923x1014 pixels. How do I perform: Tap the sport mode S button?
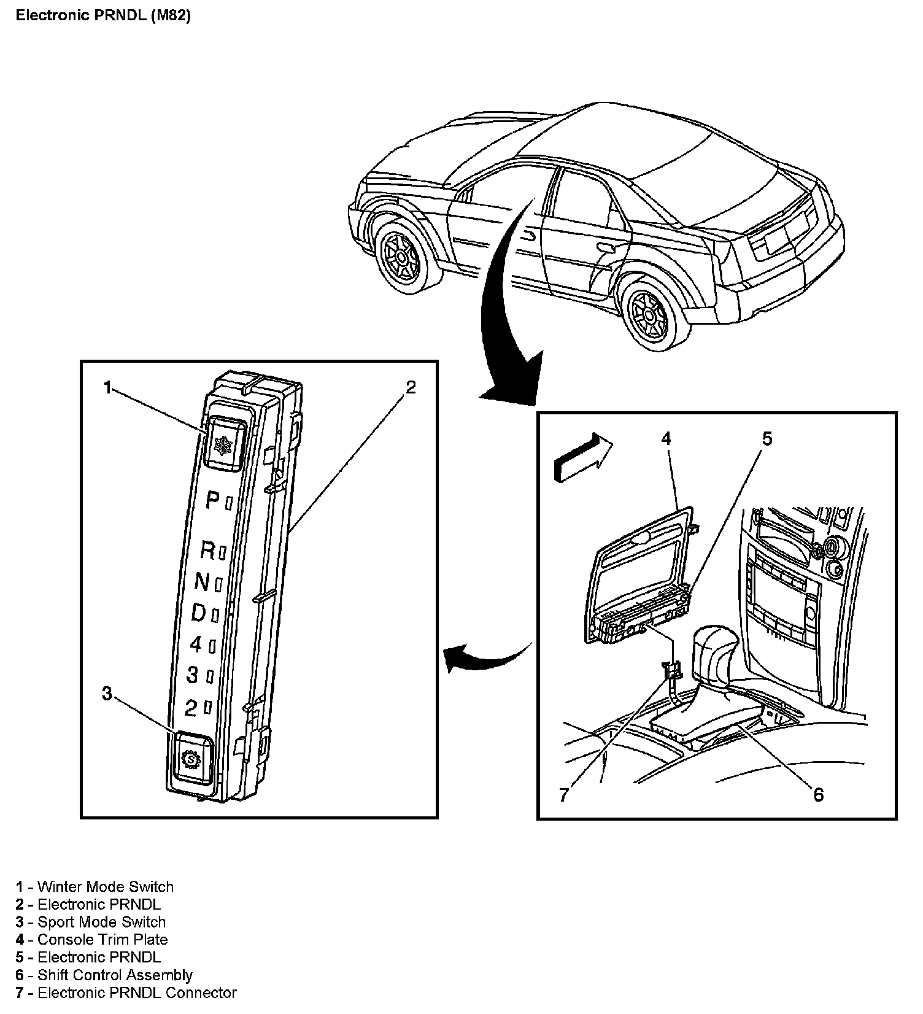pos(192,759)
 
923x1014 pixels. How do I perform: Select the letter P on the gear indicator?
pos(212,501)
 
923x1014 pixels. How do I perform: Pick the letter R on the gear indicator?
pos(208,551)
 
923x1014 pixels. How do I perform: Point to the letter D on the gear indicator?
pos(199,612)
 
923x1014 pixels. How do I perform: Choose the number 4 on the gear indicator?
pos(196,644)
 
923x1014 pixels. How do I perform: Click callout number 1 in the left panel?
pos(108,388)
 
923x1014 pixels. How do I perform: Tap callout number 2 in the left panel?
pos(411,387)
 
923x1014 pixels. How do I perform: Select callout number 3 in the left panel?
pos(107,694)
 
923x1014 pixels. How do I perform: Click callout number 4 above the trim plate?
pos(666,438)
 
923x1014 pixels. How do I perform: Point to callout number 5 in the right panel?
pos(767,439)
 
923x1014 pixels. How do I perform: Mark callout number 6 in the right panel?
pos(818,795)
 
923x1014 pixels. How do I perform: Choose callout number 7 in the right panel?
pos(564,795)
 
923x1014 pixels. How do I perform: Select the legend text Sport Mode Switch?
pos(101,922)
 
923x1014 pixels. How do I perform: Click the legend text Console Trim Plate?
pos(102,940)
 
